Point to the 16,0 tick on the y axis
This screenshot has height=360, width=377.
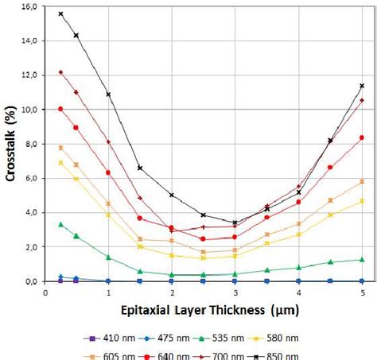[x=29, y=6]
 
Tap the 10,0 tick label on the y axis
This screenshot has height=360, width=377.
[x=29, y=110]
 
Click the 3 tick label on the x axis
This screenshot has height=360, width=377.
[x=235, y=292]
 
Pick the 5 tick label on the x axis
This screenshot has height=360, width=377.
[x=362, y=292]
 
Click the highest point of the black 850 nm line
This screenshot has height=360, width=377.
[x=60, y=14]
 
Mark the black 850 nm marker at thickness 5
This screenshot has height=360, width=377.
[x=362, y=86]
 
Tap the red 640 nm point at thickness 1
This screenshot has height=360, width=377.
[x=108, y=172]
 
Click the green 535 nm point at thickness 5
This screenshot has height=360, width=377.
[x=362, y=260]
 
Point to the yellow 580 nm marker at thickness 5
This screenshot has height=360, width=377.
[x=362, y=201]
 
